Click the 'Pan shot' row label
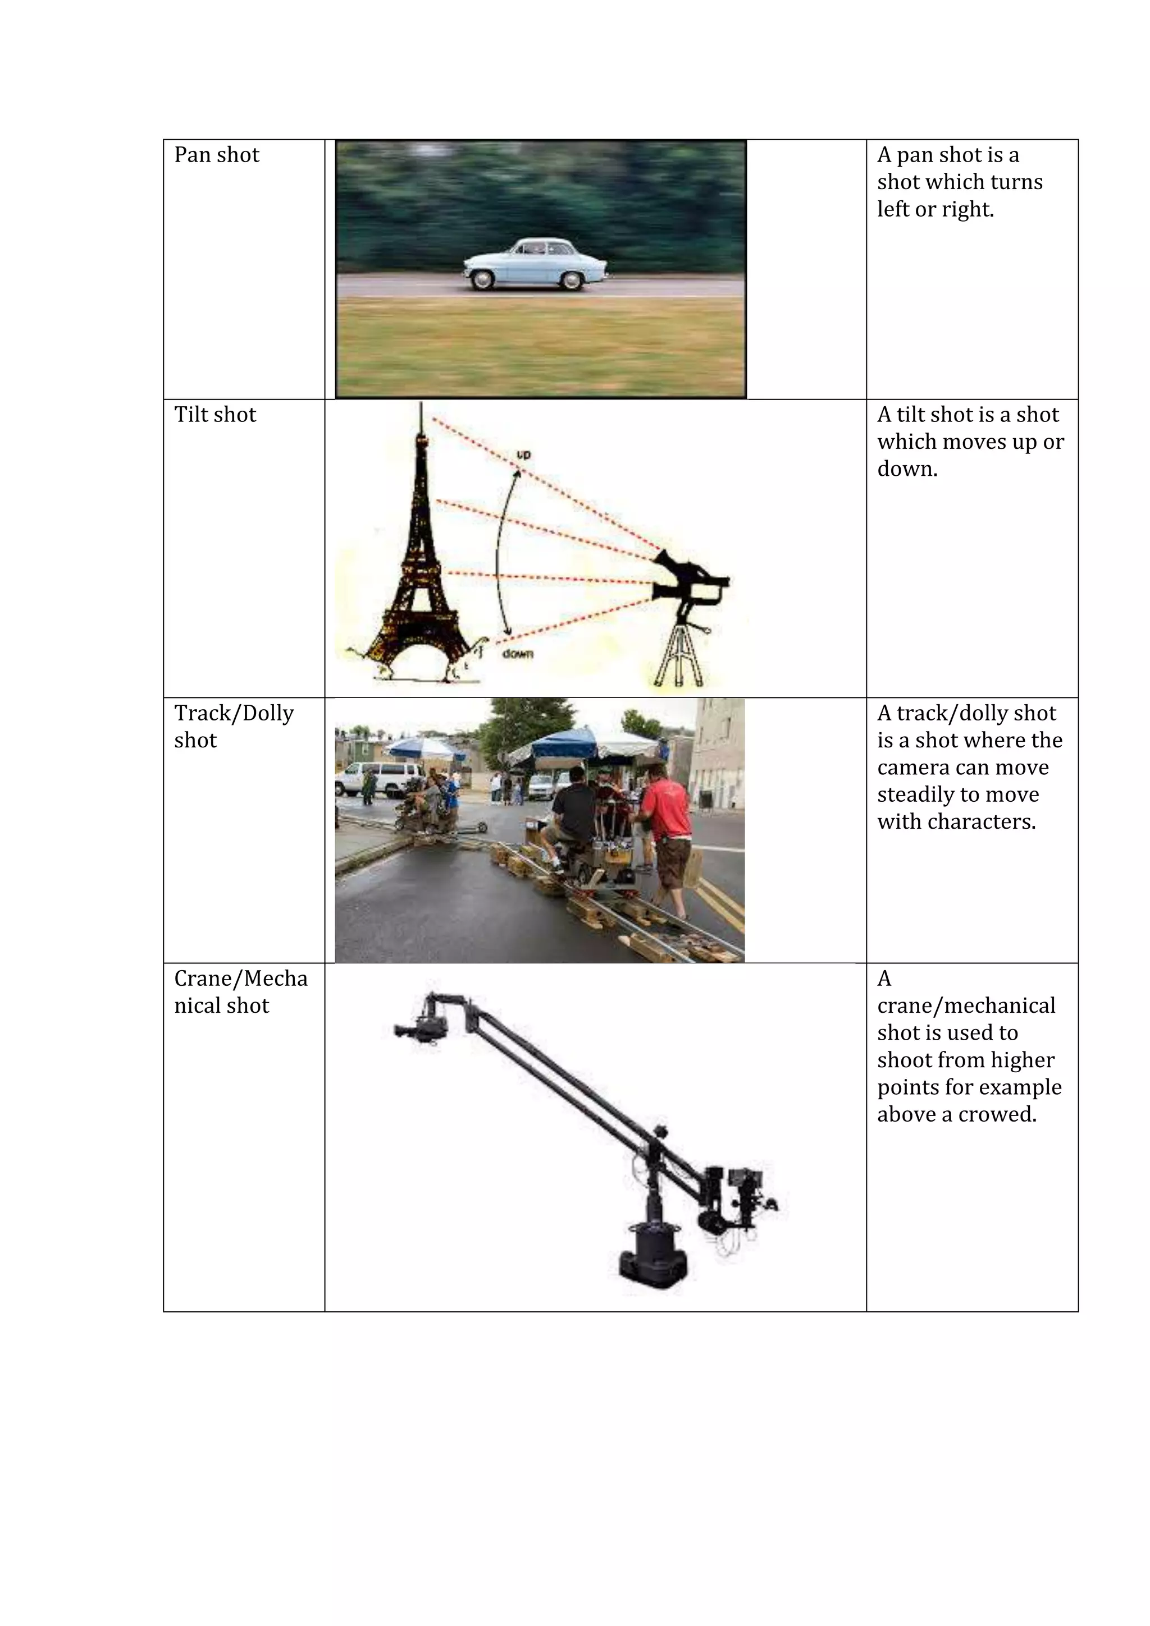(x=216, y=155)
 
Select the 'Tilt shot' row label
(x=215, y=415)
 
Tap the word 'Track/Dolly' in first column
(x=234, y=713)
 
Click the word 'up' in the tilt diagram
(x=523, y=454)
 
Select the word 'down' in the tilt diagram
(x=517, y=654)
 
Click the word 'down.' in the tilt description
(x=907, y=469)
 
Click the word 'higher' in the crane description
(x=1023, y=1060)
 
